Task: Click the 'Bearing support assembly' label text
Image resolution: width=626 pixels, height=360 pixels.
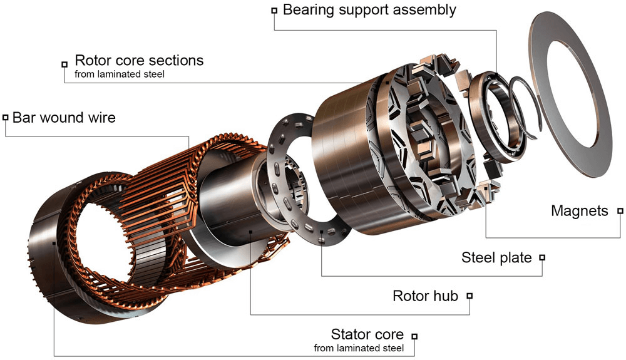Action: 369,10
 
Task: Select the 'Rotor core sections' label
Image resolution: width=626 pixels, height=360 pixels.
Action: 139,61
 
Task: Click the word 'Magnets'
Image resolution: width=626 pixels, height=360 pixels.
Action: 579,211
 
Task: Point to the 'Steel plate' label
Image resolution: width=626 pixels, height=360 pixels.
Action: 496,257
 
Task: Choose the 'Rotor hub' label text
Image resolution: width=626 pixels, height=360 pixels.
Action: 425,296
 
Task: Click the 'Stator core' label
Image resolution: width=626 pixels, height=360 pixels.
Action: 367,334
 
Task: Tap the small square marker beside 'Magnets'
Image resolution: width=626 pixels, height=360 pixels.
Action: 620,212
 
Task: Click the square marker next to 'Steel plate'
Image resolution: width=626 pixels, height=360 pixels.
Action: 542,257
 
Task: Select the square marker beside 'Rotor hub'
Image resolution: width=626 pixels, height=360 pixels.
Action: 469,296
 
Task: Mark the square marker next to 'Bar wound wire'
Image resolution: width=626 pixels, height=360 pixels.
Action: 6,117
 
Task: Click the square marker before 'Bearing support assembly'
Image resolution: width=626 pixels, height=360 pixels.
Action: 274,11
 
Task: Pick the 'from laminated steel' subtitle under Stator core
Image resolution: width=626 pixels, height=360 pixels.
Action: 359,348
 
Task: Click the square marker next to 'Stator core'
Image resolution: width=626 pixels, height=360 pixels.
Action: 414,336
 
